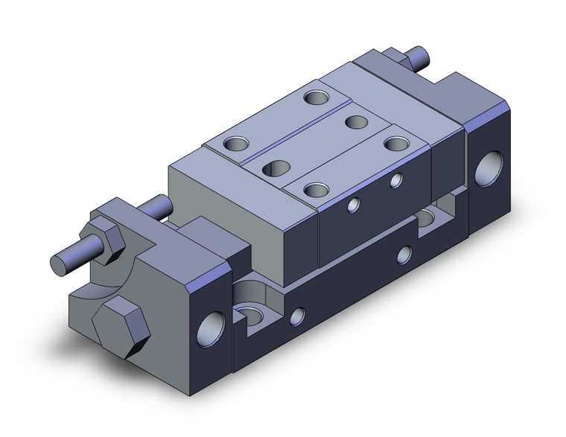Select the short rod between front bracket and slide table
pos(160,208)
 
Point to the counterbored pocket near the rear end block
pos(430,218)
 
